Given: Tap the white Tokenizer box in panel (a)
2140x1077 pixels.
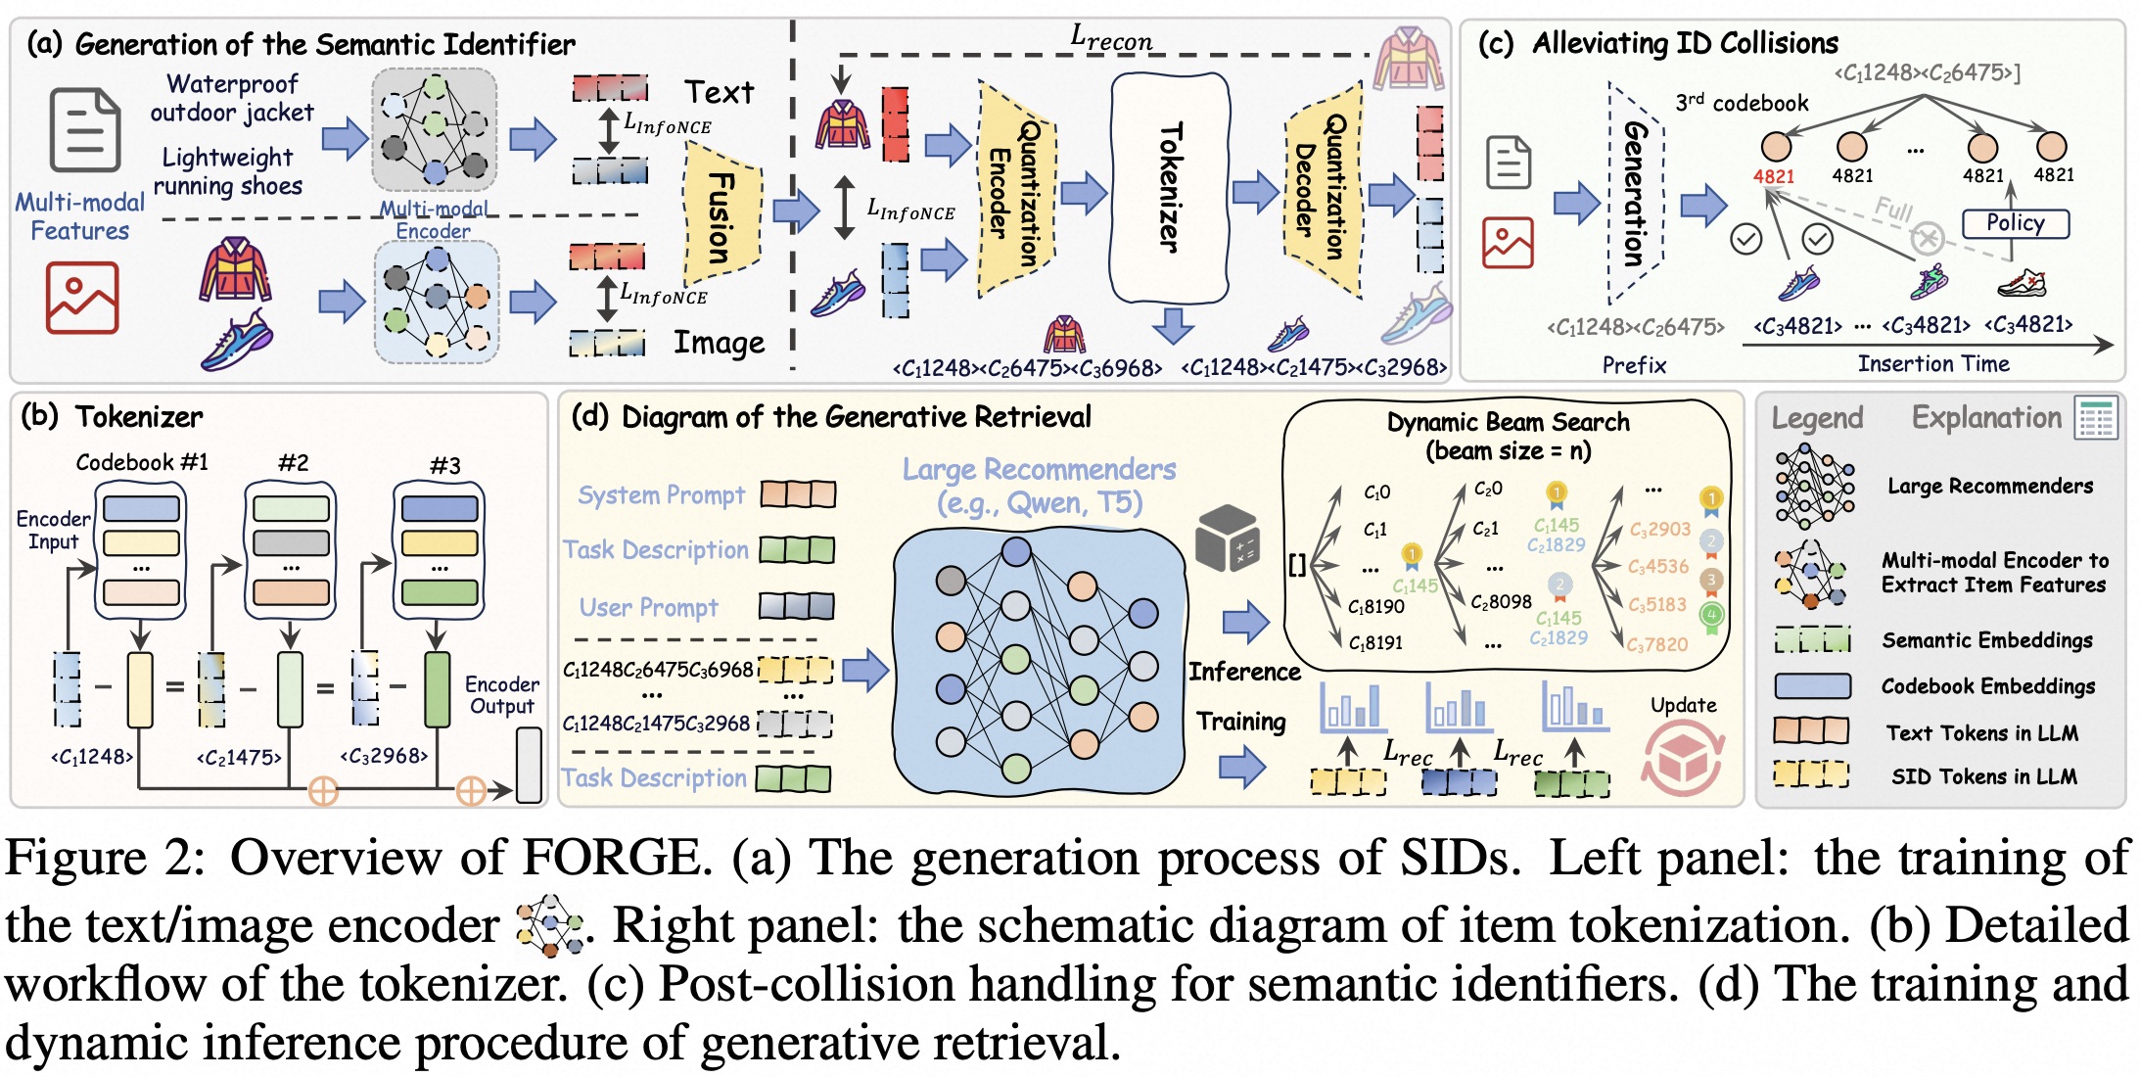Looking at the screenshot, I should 1170,187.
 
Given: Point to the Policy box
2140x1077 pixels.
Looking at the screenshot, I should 2015,223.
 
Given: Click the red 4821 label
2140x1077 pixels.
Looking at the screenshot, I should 1773,176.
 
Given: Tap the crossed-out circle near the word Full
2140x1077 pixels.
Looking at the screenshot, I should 1927,238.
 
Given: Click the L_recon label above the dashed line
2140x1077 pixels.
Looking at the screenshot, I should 1111,39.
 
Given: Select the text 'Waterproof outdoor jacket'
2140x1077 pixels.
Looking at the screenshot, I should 232,98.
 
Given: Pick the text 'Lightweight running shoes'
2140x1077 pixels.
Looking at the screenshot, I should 229,171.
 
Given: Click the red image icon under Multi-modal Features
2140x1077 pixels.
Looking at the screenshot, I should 82,298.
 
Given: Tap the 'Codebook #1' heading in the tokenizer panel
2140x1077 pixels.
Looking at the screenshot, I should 142,462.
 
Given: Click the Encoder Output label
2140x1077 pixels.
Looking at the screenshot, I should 501,695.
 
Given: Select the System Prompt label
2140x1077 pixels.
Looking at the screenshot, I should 661,495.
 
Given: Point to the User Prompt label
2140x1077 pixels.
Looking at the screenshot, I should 648,608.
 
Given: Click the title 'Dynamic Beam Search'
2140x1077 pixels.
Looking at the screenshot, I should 1508,422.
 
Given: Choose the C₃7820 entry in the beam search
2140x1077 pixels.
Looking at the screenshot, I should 1657,644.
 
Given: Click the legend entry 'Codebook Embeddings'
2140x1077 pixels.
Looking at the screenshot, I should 1987,686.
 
